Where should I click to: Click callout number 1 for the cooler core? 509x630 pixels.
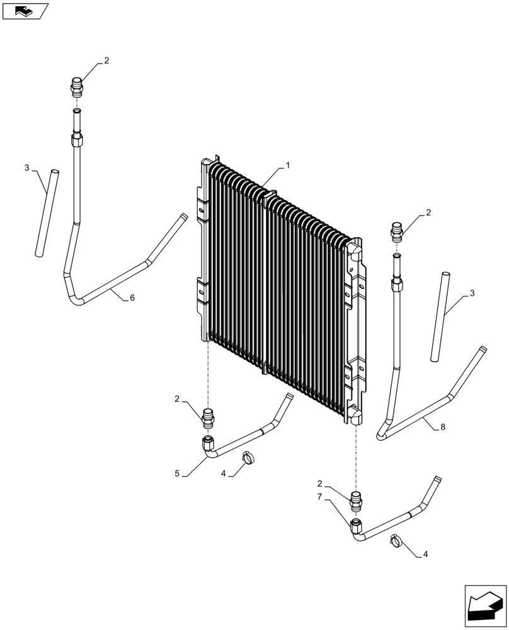point(288,166)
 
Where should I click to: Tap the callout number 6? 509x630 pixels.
point(132,298)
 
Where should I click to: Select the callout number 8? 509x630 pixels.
point(443,427)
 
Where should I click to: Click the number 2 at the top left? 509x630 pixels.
point(106,60)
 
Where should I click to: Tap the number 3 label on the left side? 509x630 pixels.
point(27,168)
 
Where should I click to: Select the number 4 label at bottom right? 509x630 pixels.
point(425,554)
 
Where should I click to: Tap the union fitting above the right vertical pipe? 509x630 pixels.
point(396,231)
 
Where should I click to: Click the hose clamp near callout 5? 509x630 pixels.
point(249,459)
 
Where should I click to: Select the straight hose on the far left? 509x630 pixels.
point(46,212)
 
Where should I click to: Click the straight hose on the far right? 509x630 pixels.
point(440,316)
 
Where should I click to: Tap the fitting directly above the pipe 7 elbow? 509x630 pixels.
point(357,501)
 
